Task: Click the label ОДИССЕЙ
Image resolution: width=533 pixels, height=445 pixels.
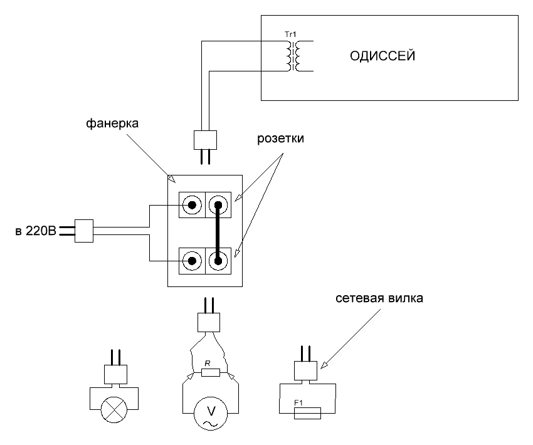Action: tap(383, 55)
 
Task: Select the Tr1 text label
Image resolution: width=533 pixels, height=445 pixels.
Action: tap(290, 34)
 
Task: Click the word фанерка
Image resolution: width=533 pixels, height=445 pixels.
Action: tap(112, 123)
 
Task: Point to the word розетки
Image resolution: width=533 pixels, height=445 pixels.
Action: tap(280, 139)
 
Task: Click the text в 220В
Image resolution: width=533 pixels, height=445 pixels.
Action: tap(36, 231)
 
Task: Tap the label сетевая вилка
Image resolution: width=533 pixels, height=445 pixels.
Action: tap(379, 298)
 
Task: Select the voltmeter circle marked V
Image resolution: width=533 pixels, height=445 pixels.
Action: tap(211, 414)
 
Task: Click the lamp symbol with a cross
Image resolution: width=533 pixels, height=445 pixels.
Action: tap(114, 410)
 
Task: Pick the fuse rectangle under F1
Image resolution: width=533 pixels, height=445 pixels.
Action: tap(307, 413)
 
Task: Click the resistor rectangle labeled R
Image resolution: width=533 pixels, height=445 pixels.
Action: tap(211, 372)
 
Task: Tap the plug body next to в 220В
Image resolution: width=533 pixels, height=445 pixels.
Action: tap(84, 231)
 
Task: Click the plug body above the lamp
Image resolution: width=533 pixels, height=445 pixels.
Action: tap(115, 374)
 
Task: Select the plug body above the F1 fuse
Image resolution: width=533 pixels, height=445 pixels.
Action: tap(305, 370)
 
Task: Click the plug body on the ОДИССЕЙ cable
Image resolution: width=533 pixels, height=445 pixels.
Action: tap(205, 140)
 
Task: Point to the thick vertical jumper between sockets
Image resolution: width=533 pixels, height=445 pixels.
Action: tap(218, 233)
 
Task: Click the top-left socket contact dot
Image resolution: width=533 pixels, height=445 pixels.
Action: tap(192, 205)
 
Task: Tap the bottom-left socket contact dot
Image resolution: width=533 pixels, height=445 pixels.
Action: tap(192, 261)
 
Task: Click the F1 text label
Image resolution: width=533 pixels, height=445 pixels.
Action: tap(298, 403)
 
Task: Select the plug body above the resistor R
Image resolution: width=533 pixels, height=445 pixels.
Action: tap(209, 322)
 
